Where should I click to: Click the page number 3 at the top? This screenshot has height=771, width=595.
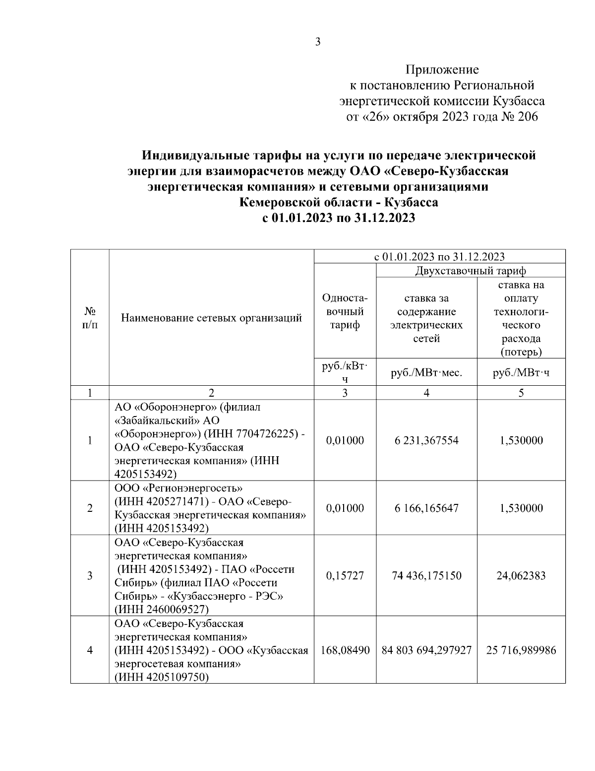(318, 42)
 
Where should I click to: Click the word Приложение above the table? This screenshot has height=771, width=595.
(442, 70)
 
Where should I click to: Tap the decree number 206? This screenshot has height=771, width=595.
(527, 117)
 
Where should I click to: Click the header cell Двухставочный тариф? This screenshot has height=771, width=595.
(471, 271)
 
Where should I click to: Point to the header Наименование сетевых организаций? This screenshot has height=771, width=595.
(212, 318)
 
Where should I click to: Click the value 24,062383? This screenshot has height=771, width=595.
(521, 576)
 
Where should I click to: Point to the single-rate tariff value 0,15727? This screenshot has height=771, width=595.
(345, 576)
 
